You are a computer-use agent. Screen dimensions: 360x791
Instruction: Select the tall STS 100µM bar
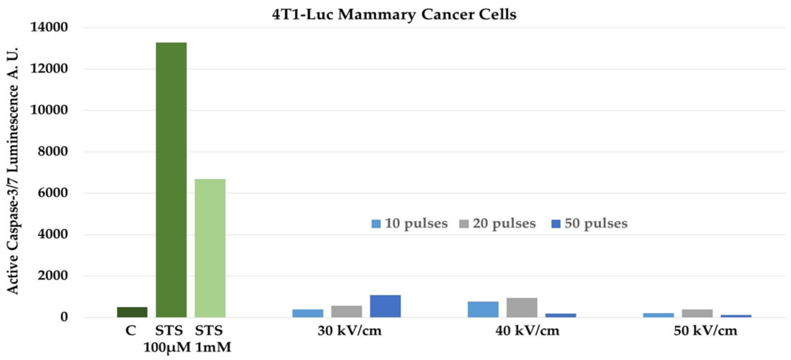(171, 179)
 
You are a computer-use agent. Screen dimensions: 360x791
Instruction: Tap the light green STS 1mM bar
(210, 248)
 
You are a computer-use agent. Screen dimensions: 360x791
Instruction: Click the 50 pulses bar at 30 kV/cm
(385, 306)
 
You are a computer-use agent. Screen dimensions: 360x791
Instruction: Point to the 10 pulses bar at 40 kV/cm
(483, 309)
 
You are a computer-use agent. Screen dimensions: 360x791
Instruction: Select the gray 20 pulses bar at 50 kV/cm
(697, 313)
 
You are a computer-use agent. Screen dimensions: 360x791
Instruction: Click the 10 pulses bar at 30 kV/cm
(308, 313)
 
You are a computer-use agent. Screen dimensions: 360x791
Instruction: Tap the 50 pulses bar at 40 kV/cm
(560, 315)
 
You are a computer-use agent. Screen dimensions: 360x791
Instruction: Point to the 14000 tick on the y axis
(49, 27)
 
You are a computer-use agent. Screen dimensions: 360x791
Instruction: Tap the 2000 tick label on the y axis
(52, 276)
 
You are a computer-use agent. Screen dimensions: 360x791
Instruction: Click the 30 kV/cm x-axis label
(349, 330)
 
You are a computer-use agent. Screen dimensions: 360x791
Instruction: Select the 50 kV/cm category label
(705, 330)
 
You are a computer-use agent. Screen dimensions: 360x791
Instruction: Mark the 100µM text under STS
(167, 347)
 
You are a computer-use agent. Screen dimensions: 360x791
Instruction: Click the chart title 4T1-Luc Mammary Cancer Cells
(394, 15)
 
